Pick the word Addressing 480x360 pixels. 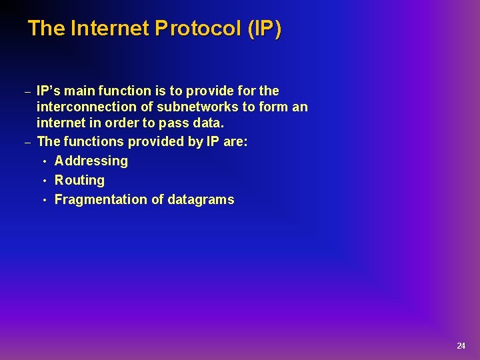point(91,161)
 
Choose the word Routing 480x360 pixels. point(79,180)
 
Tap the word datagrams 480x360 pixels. point(201,199)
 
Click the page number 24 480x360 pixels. point(461,345)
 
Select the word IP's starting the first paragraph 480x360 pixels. point(49,91)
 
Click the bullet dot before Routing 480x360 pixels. point(44,181)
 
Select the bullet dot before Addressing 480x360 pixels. point(44,161)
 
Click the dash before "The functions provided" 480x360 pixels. point(27,143)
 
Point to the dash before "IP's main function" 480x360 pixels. point(27,92)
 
